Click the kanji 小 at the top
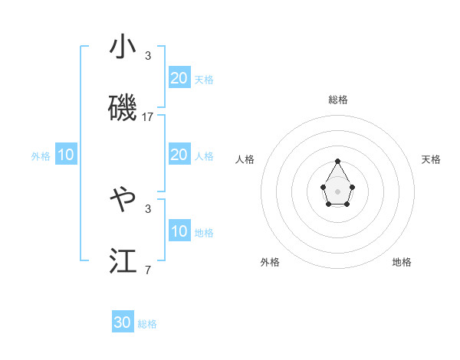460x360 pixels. coord(123,47)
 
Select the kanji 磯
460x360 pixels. coord(123,109)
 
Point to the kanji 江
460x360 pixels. coord(123,260)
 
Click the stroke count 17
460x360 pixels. coord(148,117)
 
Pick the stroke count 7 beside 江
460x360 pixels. coord(148,270)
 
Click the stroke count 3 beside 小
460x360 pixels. coord(148,56)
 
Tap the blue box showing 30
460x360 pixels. coord(123,322)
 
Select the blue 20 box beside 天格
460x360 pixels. coord(179,77)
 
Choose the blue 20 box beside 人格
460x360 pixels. coord(179,155)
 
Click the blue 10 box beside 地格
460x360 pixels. coord(179,231)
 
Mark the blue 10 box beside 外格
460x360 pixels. coord(66,155)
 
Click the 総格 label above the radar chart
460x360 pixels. coord(338,100)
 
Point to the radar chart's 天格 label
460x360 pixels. coord(431,159)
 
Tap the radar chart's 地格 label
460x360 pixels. coord(402,262)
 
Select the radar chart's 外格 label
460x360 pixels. coord(270,262)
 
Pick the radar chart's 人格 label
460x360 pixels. coord(245,159)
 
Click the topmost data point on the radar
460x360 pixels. coord(338,161)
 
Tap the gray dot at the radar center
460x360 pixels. coord(338,191)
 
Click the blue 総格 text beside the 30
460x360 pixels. coord(147,324)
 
